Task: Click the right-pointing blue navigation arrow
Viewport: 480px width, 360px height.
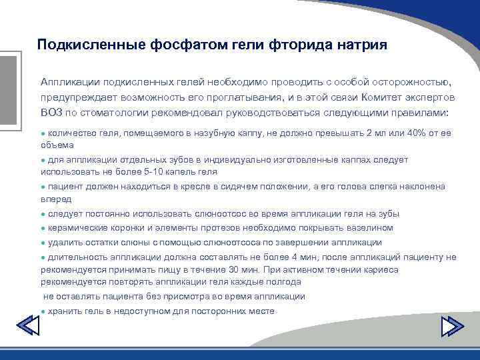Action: click(453, 327)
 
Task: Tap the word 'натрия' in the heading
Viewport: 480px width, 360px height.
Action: click(359, 45)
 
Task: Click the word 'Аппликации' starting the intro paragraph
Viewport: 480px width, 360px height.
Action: click(69, 81)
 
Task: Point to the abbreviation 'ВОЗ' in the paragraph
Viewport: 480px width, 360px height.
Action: click(52, 112)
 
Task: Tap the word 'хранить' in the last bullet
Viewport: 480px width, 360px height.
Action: click(65, 311)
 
